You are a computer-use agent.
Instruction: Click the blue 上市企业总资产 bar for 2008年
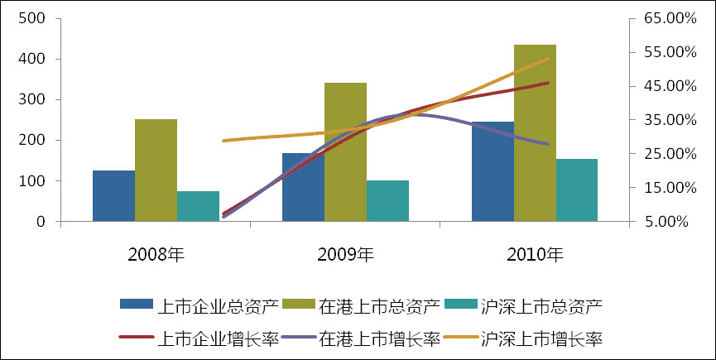pos(113,196)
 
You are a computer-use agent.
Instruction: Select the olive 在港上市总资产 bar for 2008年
pos(156,170)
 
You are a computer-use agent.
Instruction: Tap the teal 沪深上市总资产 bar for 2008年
pos(198,206)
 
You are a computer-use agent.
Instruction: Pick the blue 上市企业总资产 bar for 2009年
pos(303,187)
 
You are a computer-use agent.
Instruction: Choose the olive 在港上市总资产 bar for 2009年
pos(345,152)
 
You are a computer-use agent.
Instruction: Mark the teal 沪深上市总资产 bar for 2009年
pos(387,201)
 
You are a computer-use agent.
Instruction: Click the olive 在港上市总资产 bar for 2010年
pos(535,133)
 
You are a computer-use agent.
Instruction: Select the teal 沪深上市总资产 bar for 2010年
pos(577,190)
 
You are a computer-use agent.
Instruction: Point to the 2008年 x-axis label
pos(156,253)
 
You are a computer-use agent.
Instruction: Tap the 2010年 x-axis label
pos(535,253)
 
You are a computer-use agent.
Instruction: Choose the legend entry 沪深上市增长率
pos(541,338)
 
